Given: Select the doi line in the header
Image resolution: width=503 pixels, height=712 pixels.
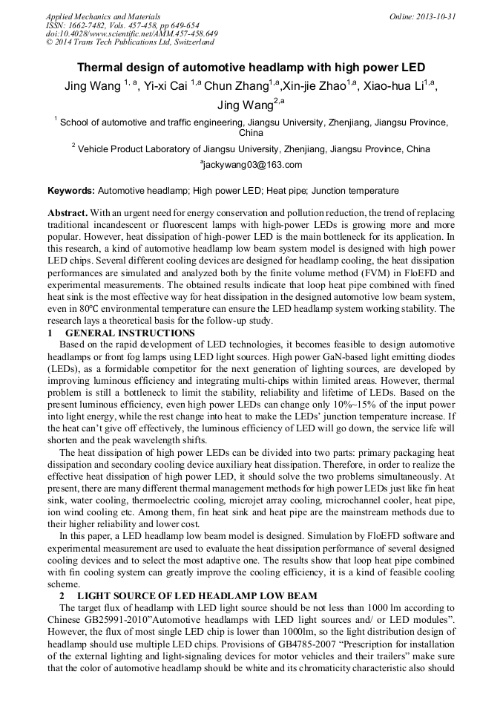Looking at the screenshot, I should click(x=131, y=33).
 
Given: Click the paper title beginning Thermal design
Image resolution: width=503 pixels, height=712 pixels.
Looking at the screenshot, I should click(x=251, y=67).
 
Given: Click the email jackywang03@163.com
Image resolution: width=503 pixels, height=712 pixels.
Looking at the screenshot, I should click(x=253, y=165).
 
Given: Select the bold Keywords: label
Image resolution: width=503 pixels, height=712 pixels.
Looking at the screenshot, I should click(x=70, y=191).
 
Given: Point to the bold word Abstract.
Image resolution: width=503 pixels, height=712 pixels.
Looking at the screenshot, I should click(x=68, y=212).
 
